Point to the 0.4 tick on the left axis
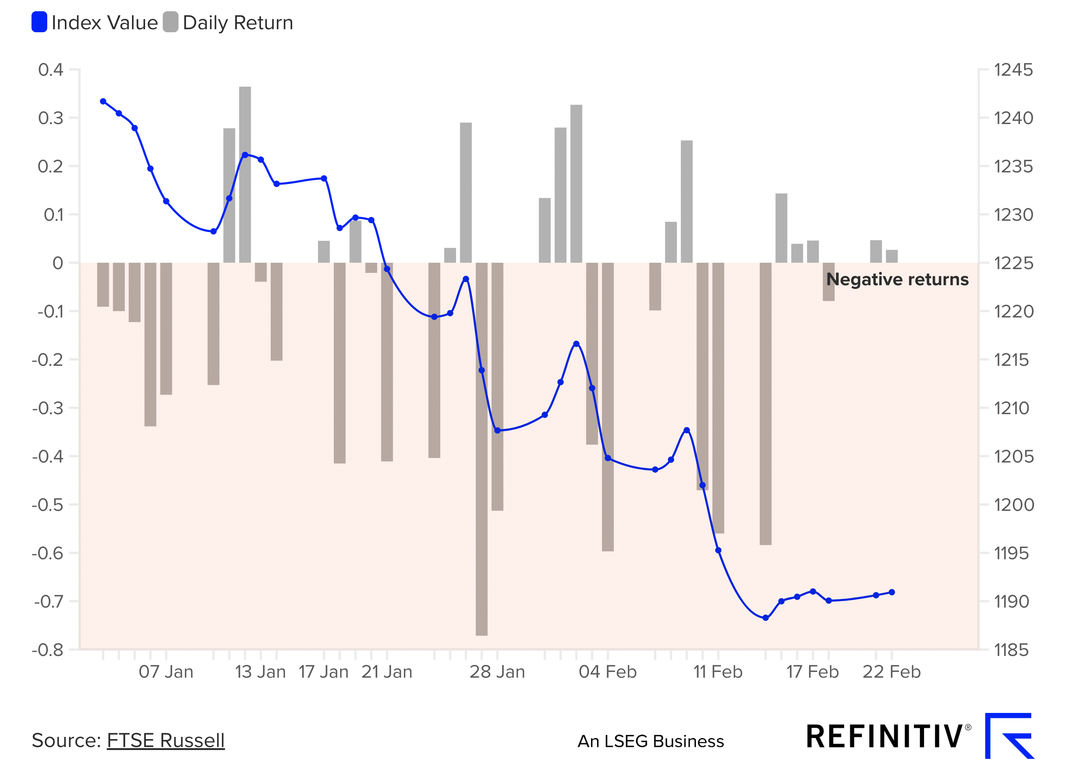pos(50,70)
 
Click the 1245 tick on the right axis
pos(1013,70)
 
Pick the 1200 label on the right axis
pos(1014,505)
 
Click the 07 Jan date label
pos(166,672)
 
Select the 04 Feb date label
pos(607,672)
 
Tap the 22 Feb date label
pos(891,672)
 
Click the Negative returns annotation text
pos(897,279)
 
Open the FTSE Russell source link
pos(165,740)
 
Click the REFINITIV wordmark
pos(884,737)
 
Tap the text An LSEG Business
pos(651,741)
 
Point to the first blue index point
pos(103,102)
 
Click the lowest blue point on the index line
pos(765,618)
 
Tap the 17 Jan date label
pos(323,672)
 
